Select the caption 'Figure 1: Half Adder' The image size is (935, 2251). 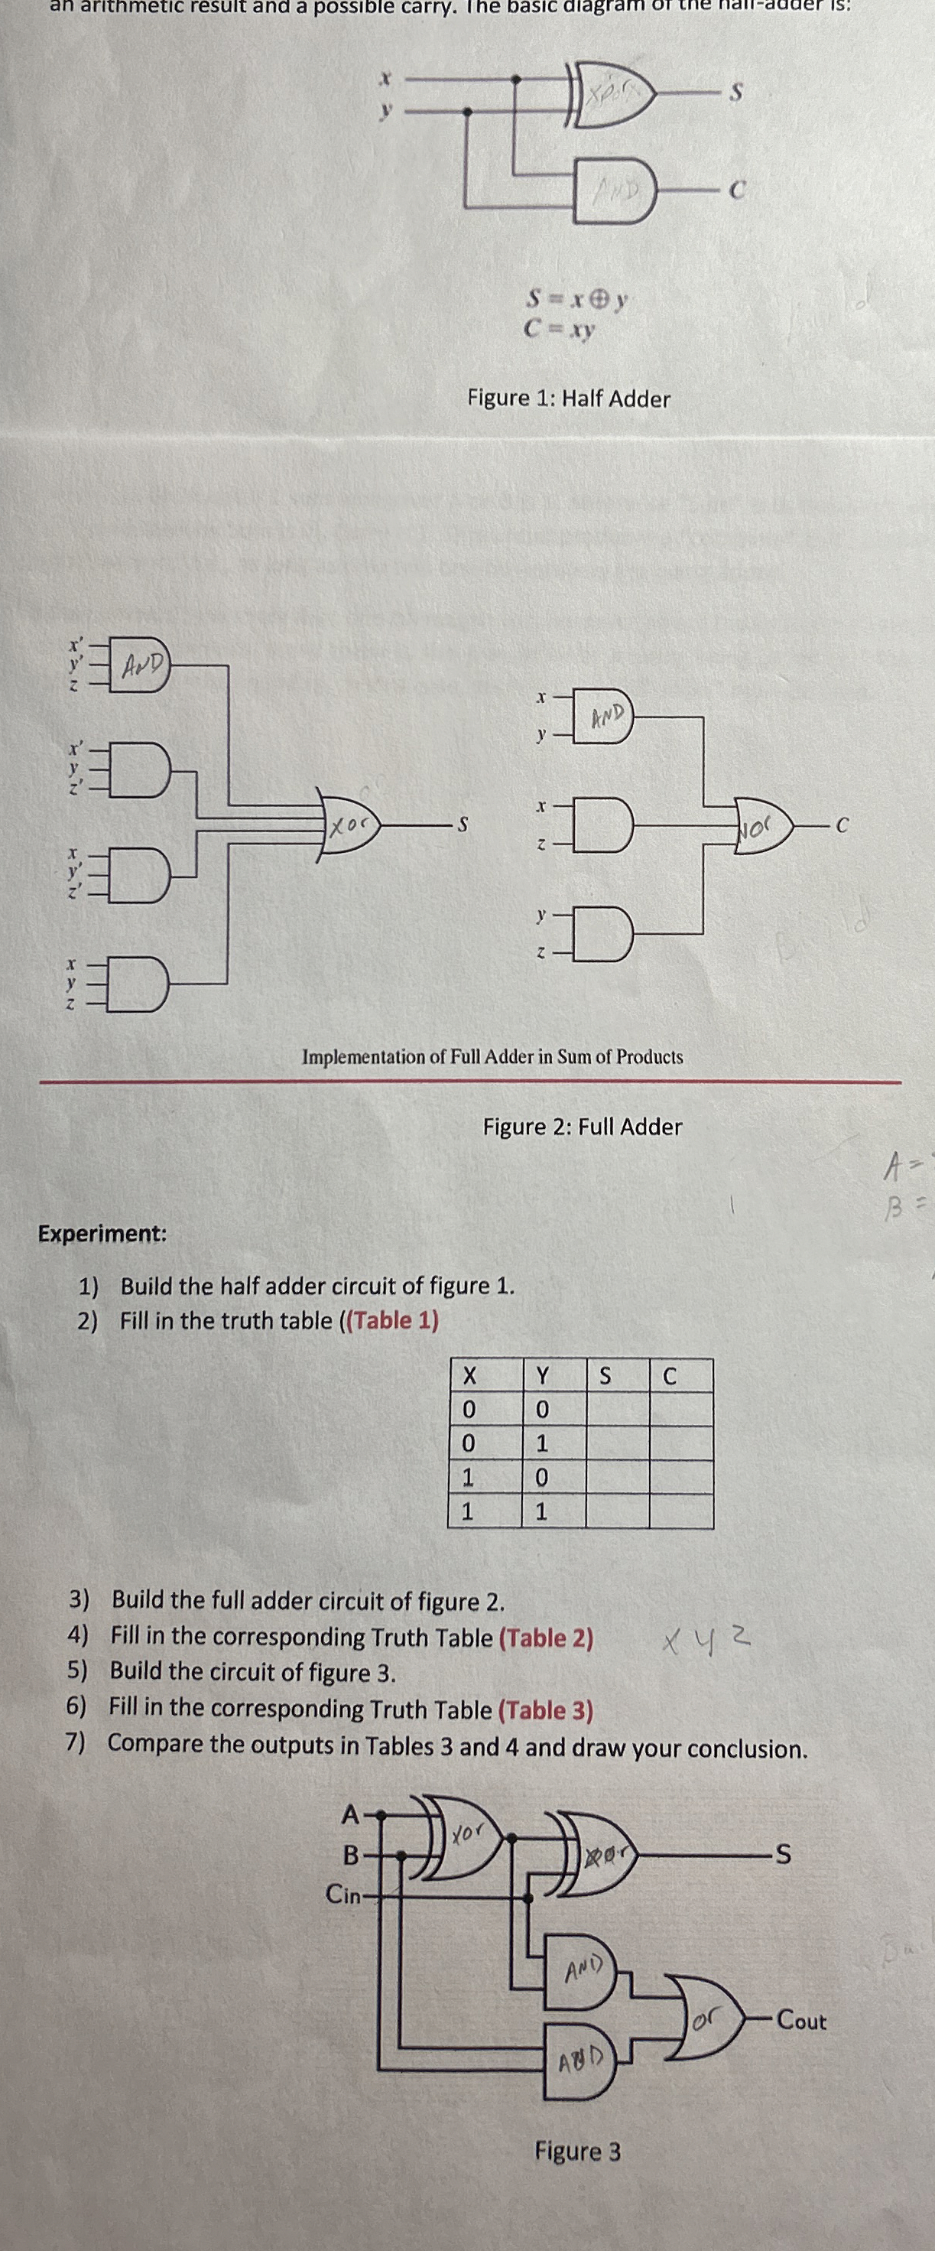(x=568, y=399)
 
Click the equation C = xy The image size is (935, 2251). (x=560, y=330)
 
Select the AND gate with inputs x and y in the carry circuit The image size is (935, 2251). (x=603, y=717)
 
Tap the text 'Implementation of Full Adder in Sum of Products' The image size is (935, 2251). (x=492, y=1056)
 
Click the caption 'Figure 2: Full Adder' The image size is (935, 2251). (x=582, y=1127)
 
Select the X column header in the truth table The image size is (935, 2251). (x=469, y=1378)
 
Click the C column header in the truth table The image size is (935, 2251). (x=670, y=1378)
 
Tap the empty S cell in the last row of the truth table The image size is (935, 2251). (x=617, y=1511)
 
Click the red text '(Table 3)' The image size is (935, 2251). (x=545, y=1710)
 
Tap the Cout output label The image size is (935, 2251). (x=800, y=2022)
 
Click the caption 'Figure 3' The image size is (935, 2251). (x=578, y=2152)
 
